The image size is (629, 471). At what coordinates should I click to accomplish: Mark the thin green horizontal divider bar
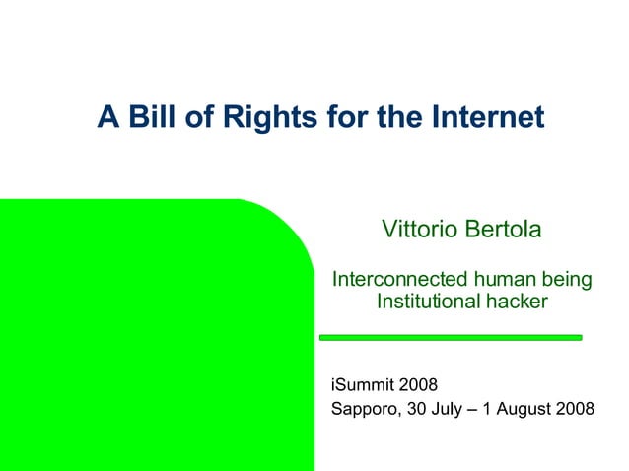pos(452,337)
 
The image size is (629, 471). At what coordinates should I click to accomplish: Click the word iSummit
pos(362,385)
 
